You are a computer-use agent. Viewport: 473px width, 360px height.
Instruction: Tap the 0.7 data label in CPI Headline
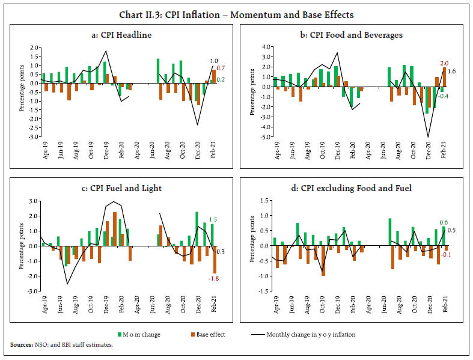(x=221, y=68)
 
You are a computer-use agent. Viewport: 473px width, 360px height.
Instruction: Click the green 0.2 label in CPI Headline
(x=221, y=80)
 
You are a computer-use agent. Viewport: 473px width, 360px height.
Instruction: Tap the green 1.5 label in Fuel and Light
(x=213, y=220)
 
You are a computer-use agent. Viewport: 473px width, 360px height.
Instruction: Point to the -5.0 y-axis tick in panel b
(x=263, y=137)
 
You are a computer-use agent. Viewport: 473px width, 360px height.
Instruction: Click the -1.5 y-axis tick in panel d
(x=263, y=291)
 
